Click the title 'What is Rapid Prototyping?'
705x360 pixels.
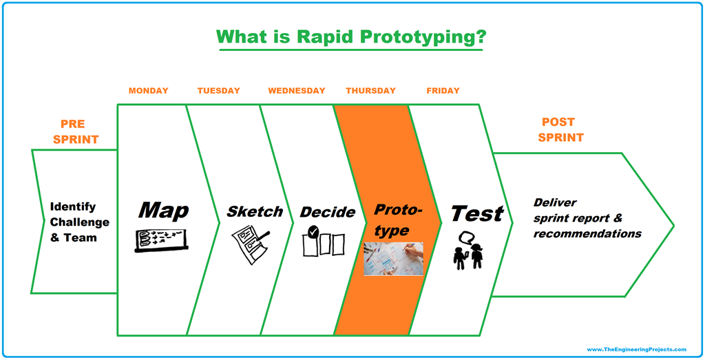pyautogui.click(x=350, y=36)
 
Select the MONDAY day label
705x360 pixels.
pyautogui.click(x=148, y=91)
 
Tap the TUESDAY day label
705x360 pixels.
pyautogui.click(x=218, y=91)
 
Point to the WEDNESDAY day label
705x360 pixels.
pyautogui.click(x=296, y=91)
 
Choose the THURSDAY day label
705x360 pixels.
pyautogui.click(x=370, y=91)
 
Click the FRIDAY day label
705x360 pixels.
pyautogui.click(x=443, y=91)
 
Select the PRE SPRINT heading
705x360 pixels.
pyautogui.click(x=76, y=131)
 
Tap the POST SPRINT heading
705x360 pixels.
pyautogui.click(x=560, y=129)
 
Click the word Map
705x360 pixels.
pyautogui.click(x=163, y=210)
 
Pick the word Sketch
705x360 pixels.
pyautogui.click(x=255, y=211)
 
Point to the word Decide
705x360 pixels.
pyautogui.click(x=327, y=212)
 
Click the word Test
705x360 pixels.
pyautogui.click(x=476, y=213)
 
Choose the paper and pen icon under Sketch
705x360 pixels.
pyautogui.click(x=249, y=242)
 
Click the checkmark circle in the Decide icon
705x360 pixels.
pyautogui.click(x=313, y=233)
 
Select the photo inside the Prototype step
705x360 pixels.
pyautogui.click(x=392, y=259)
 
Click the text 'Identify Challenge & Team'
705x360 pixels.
pyautogui.click(x=79, y=222)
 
